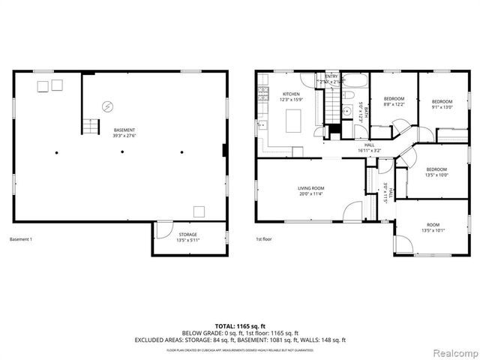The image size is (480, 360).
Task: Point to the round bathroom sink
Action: (x=347, y=111)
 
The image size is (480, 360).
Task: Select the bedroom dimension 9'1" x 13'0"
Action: (x=442, y=106)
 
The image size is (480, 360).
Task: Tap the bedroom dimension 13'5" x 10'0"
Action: (x=436, y=175)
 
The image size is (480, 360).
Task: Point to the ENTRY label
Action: (x=331, y=76)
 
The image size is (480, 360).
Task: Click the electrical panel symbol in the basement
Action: (x=107, y=106)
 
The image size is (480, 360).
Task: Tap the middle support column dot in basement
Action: (x=122, y=152)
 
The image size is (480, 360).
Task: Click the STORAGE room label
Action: (x=187, y=235)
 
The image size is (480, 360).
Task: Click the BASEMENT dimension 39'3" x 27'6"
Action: (x=125, y=135)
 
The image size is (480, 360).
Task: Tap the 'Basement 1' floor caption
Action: (x=20, y=239)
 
